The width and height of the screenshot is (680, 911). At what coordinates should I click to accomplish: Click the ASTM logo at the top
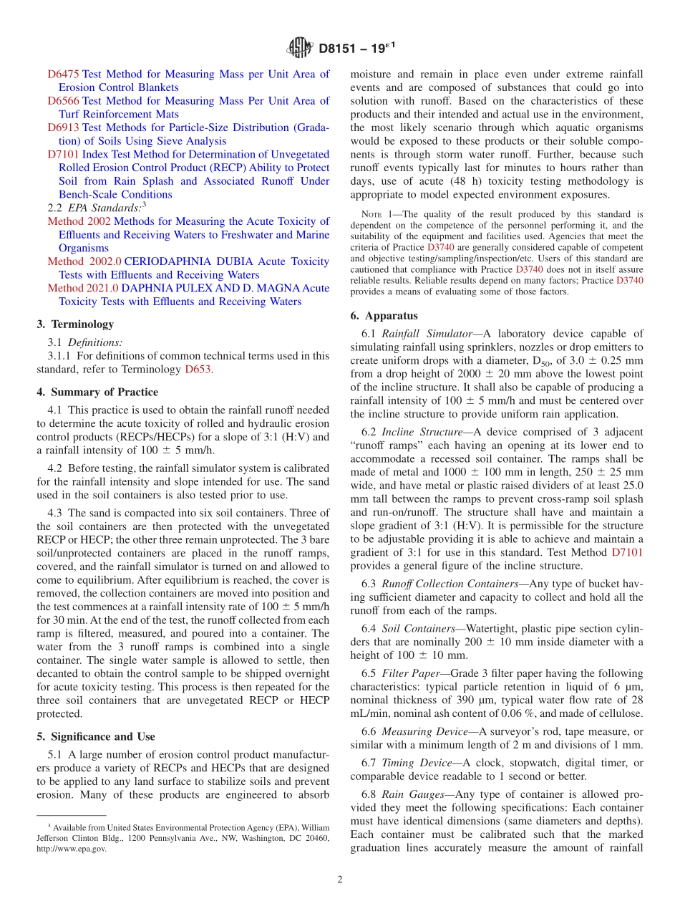(300, 48)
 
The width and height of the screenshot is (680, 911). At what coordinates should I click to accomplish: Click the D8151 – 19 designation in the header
(356, 48)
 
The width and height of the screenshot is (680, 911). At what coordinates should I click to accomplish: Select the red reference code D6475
(64, 74)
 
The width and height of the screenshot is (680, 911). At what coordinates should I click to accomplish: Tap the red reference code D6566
(64, 101)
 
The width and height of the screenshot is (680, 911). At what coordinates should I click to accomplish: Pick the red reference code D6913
(64, 127)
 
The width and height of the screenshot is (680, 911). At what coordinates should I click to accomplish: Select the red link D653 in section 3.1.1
(198, 370)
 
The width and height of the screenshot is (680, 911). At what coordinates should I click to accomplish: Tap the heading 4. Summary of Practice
(97, 392)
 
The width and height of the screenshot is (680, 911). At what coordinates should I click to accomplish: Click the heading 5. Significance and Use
(96, 736)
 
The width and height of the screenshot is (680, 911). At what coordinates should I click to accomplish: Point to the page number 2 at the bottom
(339, 879)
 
